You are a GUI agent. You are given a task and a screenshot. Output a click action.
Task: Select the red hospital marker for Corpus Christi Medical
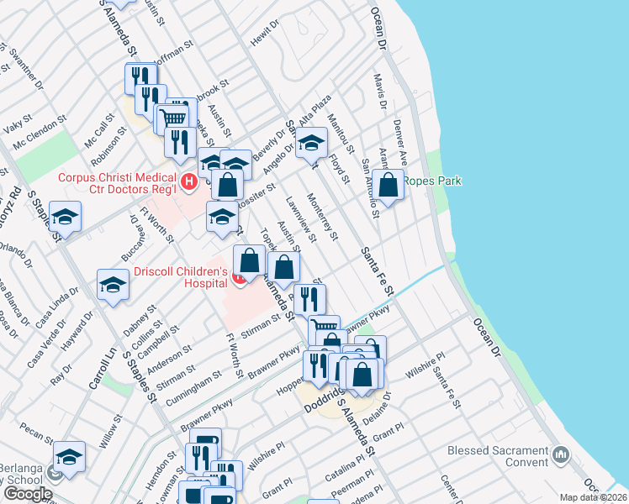tap(190, 180)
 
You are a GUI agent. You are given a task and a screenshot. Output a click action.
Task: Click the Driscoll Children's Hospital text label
tap(181, 278)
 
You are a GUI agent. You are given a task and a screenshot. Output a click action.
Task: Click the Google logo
tap(28, 494)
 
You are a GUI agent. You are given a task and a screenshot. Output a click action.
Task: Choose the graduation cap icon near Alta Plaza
tap(311, 144)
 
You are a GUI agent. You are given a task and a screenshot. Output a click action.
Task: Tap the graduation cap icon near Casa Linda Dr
tap(113, 285)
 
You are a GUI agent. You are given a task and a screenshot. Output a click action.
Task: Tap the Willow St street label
tap(111, 428)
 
